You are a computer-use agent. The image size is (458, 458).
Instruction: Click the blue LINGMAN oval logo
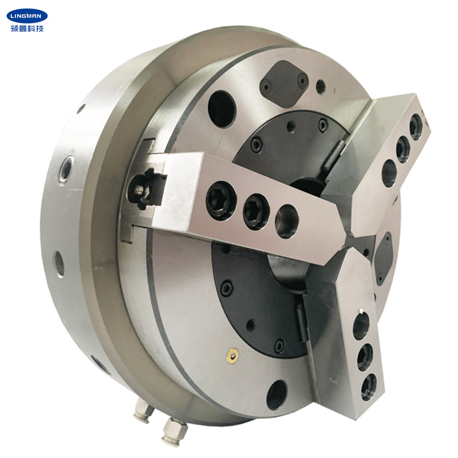coord(27,15)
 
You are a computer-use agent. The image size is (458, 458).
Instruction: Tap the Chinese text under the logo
coord(27,29)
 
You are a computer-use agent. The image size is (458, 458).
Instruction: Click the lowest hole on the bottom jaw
coord(369,386)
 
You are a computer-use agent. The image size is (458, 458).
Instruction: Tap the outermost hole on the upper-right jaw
coord(416,127)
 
